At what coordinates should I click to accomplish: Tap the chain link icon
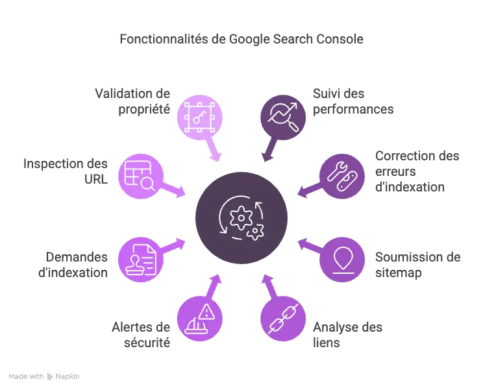[284, 317]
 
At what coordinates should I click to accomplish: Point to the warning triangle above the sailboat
[206, 311]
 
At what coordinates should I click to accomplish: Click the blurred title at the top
[241, 40]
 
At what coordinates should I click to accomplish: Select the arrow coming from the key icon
[214, 153]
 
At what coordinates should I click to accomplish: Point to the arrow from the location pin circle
[306, 246]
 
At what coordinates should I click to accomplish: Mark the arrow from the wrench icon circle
[307, 190]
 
